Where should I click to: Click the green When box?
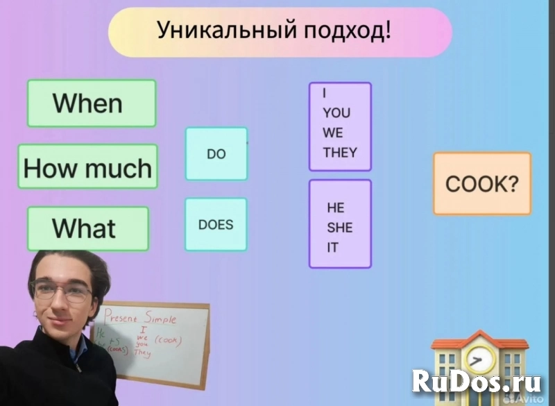point(92,103)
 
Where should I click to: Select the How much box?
point(87,167)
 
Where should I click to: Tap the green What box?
point(87,228)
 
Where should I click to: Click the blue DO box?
point(216,154)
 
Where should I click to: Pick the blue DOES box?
point(216,225)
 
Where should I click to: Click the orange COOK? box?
point(482,184)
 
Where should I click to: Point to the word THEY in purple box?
point(340,153)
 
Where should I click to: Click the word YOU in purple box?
point(336,112)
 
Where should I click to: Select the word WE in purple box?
point(333,133)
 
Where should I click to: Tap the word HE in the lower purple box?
point(336,208)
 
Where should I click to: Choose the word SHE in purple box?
point(340,228)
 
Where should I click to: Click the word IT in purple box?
point(332,247)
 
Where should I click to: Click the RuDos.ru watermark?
point(479,381)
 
